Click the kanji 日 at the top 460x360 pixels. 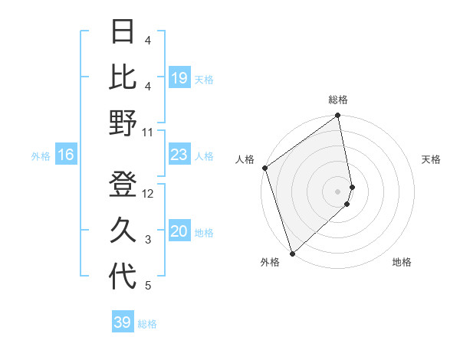click(123, 31)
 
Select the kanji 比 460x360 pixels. click(123, 77)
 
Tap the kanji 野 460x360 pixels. click(123, 123)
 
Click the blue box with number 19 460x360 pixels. click(179, 77)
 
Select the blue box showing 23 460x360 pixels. click(179, 155)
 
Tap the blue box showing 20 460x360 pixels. click(179, 232)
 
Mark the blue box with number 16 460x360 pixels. click(66, 155)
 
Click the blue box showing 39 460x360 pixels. click(123, 322)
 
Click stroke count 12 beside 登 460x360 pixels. click(148, 194)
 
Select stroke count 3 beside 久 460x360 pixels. click(148, 240)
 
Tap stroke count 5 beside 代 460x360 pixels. click(148, 286)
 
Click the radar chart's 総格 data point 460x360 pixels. click(337, 116)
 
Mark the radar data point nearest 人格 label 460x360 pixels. click(264, 168)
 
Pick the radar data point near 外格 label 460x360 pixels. click(292, 253)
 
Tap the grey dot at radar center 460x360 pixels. click(337, 191)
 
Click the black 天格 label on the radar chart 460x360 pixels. click(431, 159)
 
